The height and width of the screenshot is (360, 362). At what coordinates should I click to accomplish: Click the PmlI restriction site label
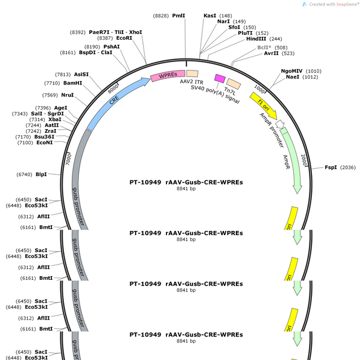(179, 16)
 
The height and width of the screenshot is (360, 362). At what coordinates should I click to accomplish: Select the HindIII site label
(256, 39)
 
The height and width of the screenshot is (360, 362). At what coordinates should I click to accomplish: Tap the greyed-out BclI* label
(264, 48)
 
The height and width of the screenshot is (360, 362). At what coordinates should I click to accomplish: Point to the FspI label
(331, 167)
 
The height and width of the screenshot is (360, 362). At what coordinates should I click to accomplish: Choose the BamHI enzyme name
(73, 83)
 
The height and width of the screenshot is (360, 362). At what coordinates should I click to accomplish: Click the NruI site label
(68, 95)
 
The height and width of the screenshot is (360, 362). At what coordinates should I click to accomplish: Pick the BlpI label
(41, 174)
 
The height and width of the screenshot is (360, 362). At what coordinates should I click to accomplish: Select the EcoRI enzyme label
(124, 38)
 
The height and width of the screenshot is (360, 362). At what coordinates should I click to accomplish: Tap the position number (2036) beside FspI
(348, 168)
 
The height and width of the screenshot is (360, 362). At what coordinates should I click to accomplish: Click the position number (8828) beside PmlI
(160, 16)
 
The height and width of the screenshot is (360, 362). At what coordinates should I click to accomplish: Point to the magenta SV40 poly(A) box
(220, 78)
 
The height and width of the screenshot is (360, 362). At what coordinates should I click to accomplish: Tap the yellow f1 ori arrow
(264, 106)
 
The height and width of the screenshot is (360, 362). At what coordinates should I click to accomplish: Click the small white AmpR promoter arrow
(280, 124)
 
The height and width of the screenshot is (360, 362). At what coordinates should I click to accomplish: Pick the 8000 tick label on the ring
(113, 89)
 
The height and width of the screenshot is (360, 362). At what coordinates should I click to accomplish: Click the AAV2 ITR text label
(192, 81)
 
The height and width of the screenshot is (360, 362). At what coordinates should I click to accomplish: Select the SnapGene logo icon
(305, 4)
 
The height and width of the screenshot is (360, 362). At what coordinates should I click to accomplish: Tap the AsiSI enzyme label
(81, 74)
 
